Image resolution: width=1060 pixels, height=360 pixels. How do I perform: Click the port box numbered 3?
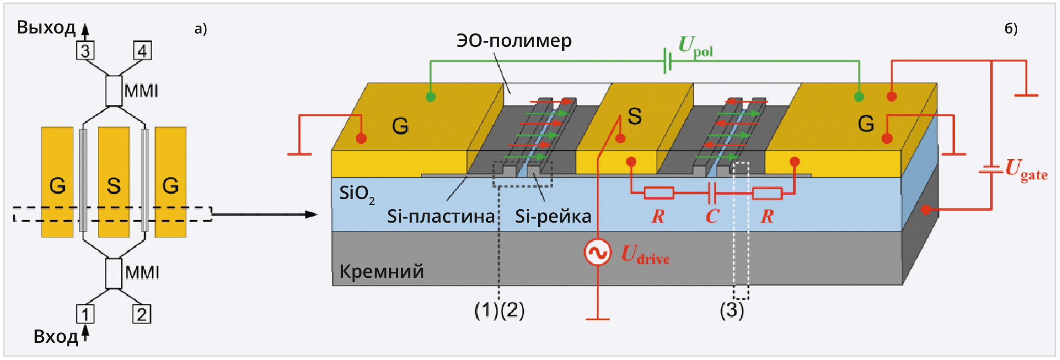pyautogui.click(x=85, y=51)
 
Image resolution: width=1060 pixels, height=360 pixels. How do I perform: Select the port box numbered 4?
pyautogui.click(x=142, y=51)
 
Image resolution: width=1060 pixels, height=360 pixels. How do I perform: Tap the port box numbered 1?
pyautogui.click(x=85, y=314)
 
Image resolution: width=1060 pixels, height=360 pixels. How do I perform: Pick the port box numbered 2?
pyautogui.click(x=142, y=314)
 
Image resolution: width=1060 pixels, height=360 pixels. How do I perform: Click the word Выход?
pyautogui.click(x=46, y=28)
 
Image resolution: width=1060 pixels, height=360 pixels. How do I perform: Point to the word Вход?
pyautogui.click(x=56, y=337)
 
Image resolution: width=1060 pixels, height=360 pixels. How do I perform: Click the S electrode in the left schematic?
pyautogui.click(x=114, y=182)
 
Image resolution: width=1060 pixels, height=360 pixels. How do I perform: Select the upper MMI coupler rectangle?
pyautogui.click(x=114, y=91)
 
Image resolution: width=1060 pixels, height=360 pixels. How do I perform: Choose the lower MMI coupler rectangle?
pyautogui.click(x=114, y=273)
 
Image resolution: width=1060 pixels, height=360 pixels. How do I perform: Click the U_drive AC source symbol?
pyautogui.click(x=597, y=253)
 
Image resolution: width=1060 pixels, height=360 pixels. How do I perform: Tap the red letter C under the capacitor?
pyautogui.click(x=712, y=216)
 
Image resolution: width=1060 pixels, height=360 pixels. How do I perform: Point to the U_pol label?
pyautogui.click(x=695, y=47)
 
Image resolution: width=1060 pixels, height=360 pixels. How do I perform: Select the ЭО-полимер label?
pyautogui.click(x=514, y=40)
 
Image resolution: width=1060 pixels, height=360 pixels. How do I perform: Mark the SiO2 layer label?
pyautogui.click(x=356, y=194)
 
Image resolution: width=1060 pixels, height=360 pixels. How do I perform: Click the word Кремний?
pyautogui.click(x=382, y=271)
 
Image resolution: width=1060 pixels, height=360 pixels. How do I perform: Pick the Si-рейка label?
pyautogui.click(x=553, y=216)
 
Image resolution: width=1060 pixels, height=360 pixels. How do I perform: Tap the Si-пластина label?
pyautogui.click(x=441, y=216)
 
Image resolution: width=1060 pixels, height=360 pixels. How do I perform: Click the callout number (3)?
pyautogui.click(x=732, y=310)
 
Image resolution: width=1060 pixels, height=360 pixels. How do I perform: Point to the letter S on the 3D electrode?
pyautogui.click(x=635, y=116)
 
